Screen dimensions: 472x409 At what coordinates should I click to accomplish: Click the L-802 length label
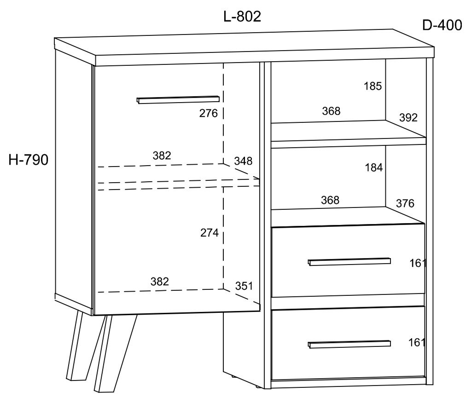tap(242, 17)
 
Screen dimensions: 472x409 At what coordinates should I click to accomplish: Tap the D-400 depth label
tap(442, 25)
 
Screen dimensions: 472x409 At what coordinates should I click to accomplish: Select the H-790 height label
tap(28, 160)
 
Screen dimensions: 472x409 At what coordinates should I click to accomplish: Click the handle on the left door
tap(178, 99)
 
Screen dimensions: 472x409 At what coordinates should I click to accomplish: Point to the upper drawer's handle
tap(349, 262)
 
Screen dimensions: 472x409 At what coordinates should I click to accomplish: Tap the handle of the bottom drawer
tap(349, 344)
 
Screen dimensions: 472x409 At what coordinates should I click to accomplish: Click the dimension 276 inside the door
tap(208, 113)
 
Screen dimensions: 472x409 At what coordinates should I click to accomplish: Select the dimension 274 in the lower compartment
tap(209, 233)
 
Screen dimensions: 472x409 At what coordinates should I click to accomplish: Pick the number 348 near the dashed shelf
tap(243, 161)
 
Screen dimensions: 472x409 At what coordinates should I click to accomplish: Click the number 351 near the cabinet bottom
tap(244, 286)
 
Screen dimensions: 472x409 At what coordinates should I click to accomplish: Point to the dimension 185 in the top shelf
tap(373, 86)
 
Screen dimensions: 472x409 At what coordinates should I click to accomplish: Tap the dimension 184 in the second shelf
tap(374, 167)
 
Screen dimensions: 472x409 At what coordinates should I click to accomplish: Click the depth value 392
tap(408, 118)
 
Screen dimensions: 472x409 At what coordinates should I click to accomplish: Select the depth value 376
tap(405, 204)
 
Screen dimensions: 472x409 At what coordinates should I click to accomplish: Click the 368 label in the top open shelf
tap(331, 111)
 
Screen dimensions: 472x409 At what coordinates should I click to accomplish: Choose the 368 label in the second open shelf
tap(330, 200)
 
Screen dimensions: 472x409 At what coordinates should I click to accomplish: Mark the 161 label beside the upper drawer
tap(418, 264)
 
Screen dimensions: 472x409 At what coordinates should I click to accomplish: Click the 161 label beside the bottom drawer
tap(417, 343)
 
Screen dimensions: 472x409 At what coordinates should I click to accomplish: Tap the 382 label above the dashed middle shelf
tap(162, 156)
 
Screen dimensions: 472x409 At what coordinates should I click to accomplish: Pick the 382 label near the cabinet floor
tap(160, 282)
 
